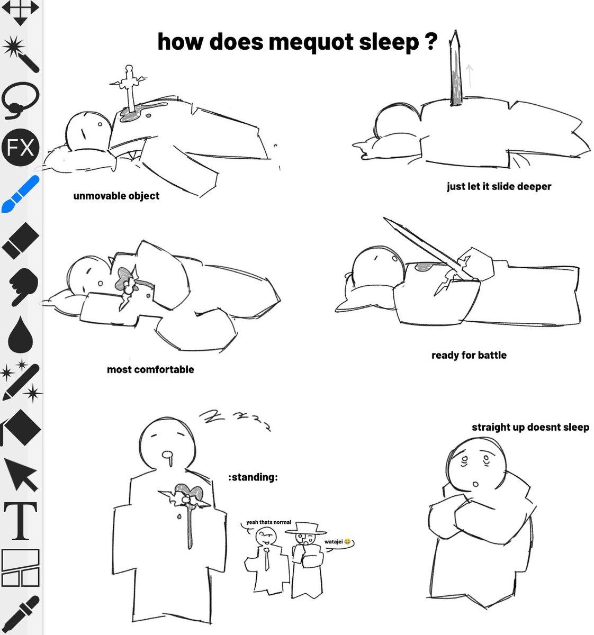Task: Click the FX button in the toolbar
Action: point(20,147)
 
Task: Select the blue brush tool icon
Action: point(20,194)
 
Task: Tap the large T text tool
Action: point(20,521)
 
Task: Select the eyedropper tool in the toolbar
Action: point(20,614)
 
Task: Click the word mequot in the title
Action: point(311,42)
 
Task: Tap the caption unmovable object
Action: point(116,196)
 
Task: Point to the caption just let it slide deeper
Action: point(499,186)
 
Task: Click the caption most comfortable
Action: point(150,369)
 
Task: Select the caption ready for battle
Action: point(469,355)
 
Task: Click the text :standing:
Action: point(253,477)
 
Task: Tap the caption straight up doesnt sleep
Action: point(530,427)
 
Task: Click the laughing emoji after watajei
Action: point(347,542)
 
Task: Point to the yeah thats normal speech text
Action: point(268,522)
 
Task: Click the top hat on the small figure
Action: point(305,528)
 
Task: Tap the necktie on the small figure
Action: point(267,559)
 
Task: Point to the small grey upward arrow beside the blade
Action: point(469,76)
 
